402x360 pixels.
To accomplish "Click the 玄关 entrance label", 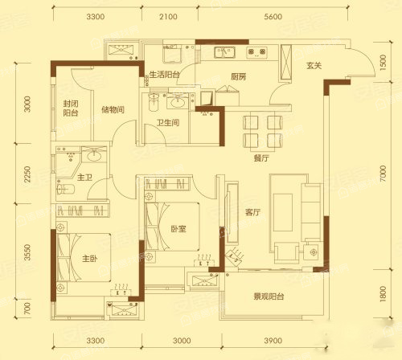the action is coord(314,65).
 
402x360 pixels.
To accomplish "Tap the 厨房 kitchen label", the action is coord(238,77).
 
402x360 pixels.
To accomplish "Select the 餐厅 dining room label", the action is coord(261,158).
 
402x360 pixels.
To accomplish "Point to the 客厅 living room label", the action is coord(252,212).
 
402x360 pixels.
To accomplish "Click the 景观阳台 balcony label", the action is coord(269,297).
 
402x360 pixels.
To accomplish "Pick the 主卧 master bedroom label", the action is coord(90,259).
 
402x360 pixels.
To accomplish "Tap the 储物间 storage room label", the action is coord(113,109).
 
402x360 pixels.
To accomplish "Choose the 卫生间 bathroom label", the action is coord(168,123).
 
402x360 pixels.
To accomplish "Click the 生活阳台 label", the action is coord(164,75).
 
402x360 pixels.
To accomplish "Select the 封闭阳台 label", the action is coord(71,108).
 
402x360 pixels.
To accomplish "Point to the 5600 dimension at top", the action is coord(273,17).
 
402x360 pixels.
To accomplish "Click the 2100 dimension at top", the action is coord(168,17).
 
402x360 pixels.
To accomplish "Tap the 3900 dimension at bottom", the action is coord(273,341).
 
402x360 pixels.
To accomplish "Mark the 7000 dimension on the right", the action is coord(384,174).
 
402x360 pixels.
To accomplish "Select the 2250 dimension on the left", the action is coord(27,174).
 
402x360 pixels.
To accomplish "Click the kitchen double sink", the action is coord(224,52).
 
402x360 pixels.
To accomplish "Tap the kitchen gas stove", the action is coord(256,52).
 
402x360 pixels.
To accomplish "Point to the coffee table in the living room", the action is coord(283,212).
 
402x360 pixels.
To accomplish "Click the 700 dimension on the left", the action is coord(27,309).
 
